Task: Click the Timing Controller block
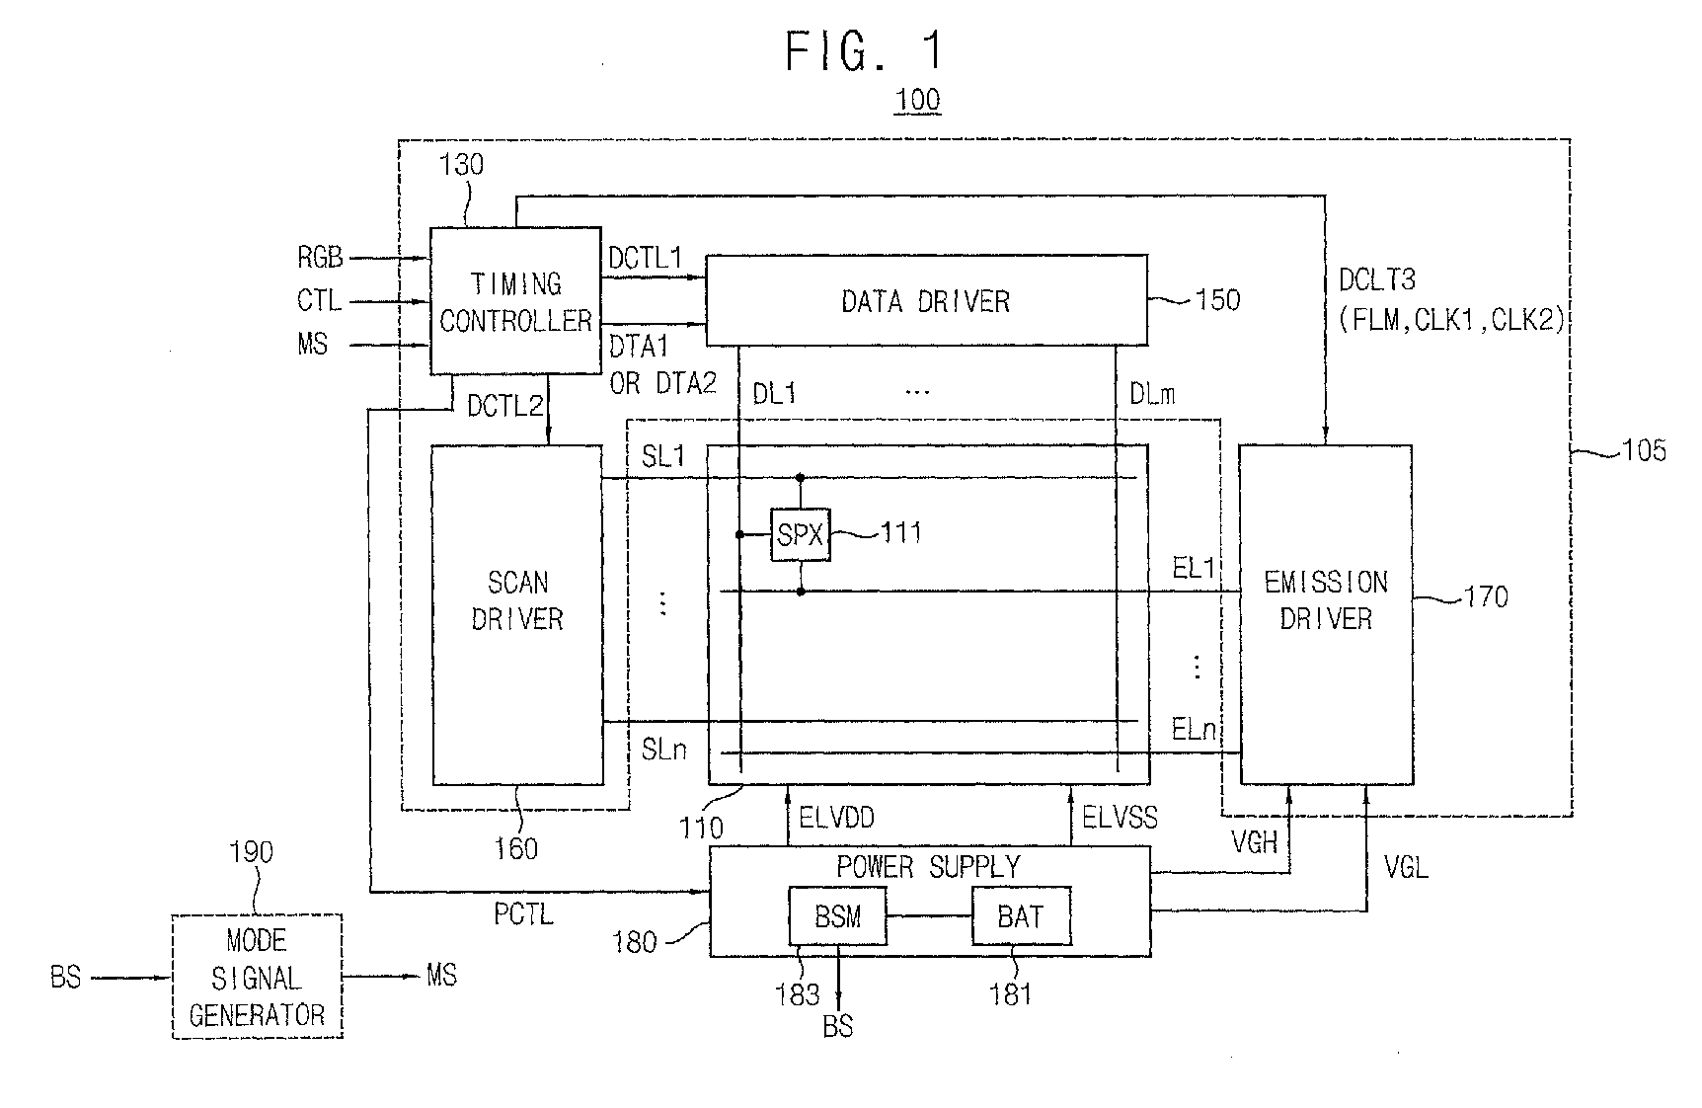pos(515,301)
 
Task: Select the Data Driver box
pos(926,300)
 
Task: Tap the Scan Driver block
pos(517,614)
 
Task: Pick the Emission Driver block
pos(1326,614)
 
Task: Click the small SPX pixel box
pos(801,534)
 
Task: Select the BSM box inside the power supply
pos(837,916)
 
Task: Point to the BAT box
pos(1021,916)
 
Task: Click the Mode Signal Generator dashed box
pos(258,976)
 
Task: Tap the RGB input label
pos(321,258)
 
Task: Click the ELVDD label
pos(836,817)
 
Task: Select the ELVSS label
pos(1121,817)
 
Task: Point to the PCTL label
pos(523,914)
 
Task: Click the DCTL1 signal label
pos(646,259)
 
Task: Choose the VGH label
pos(1254,841)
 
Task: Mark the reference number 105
pos(1644,451)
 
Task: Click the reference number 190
pos(251,852)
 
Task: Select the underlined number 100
pos(917,101)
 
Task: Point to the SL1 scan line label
pos(663,456)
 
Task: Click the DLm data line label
pos(1152,394)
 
